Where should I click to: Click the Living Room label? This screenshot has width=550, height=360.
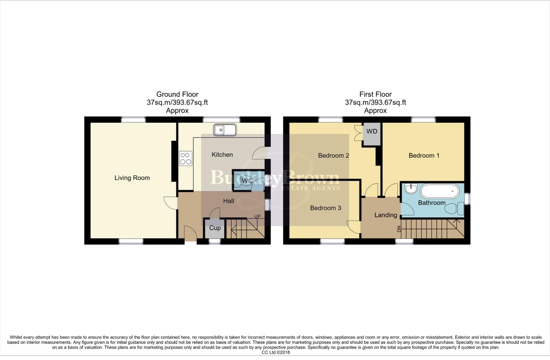coord(132,178)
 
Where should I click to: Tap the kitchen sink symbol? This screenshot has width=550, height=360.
coord(225,130)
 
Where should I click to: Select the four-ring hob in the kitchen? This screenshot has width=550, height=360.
coord(186,158)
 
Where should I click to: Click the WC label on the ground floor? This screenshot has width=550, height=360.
coord(247,181)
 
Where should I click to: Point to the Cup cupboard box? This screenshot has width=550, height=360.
coord(215,228)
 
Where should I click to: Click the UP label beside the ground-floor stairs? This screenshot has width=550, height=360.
coord(257,217)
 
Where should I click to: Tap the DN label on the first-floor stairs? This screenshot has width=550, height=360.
coord(399,229)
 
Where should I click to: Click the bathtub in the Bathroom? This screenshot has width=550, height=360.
coord(440,191)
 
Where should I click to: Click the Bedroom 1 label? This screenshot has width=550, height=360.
coord(424,156)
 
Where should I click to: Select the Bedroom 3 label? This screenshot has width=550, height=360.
coord(326,208)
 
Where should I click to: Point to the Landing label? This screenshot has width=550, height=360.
coord(386,215)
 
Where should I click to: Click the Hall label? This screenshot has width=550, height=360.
coord(228,201)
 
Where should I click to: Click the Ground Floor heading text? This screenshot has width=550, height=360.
coord(177,94)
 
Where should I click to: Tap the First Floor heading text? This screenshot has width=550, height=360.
coord(375,94)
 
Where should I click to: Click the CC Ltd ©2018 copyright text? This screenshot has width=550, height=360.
coord(276,352)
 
